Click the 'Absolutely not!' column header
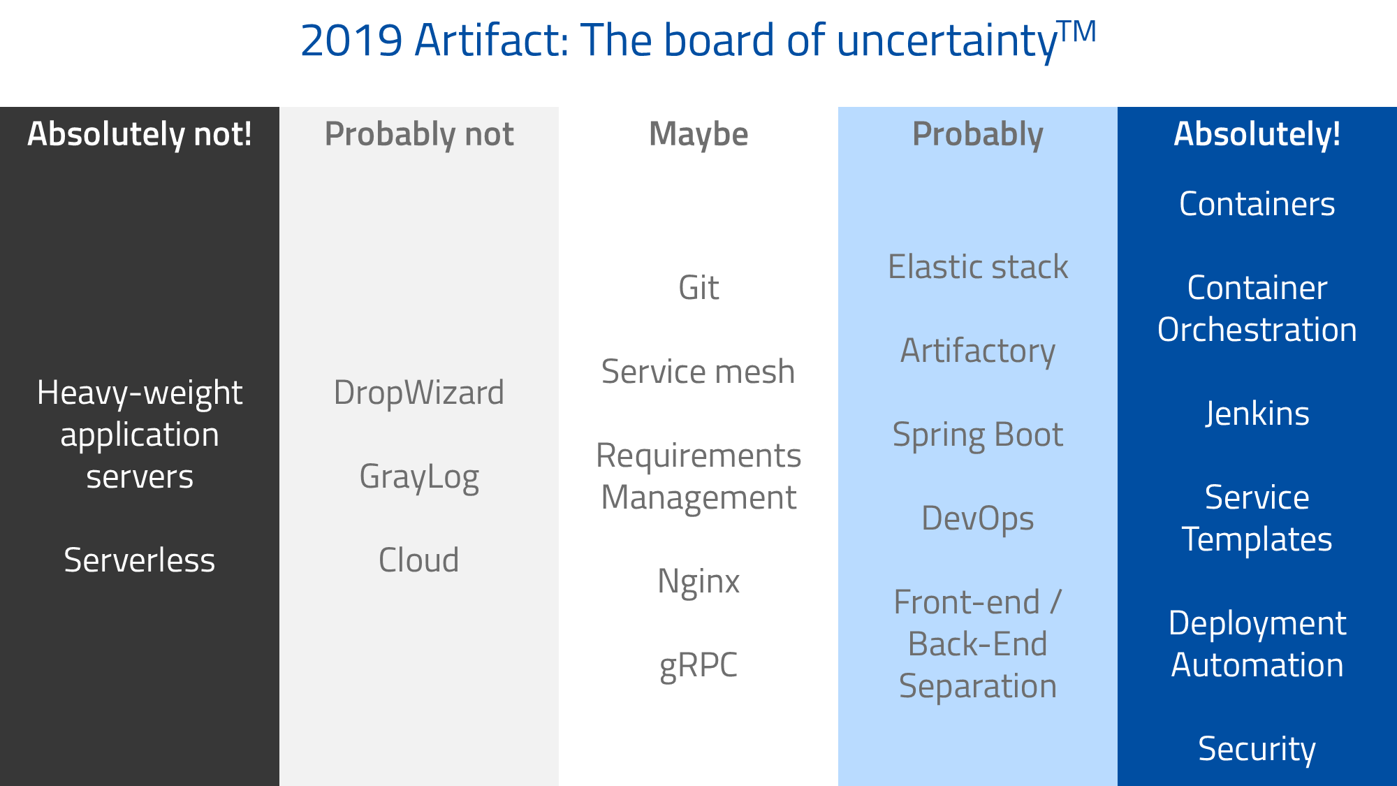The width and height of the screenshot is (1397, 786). (140, 134)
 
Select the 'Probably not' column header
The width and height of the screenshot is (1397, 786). (419, 134)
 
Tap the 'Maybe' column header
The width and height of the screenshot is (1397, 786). (698, 134)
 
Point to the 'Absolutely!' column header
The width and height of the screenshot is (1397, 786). (1257, 134)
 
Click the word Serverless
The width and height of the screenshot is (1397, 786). (140, 560)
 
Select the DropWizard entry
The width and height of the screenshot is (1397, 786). (419, 393)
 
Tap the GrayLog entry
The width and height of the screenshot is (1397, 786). (419, 477)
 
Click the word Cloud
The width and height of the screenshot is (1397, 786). (419, 560)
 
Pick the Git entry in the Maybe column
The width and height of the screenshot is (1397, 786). (698, 288)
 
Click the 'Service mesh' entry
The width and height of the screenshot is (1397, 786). (698, 372)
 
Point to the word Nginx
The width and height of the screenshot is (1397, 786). (698, 581)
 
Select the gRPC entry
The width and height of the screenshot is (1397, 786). (698, 665)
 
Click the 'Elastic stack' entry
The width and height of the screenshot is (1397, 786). (978, 267)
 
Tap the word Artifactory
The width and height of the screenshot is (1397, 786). (978, 351)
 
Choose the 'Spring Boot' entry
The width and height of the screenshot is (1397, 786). (978, 435)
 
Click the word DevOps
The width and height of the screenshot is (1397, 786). (978, 518)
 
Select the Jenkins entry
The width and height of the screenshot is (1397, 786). (1257, 414)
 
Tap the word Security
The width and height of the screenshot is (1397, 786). (1257, 749)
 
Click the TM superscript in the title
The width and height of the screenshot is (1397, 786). (1077, 31)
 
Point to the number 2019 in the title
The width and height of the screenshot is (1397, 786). (351, 41)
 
